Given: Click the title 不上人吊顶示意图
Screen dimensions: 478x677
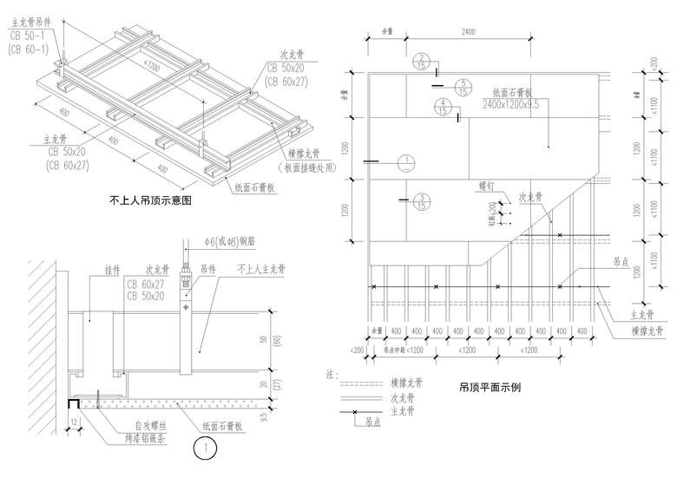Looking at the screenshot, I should (150, 200).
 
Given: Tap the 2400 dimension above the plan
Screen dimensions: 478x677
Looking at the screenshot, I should (469, 32).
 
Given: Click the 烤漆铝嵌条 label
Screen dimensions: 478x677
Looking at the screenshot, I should (142, 438).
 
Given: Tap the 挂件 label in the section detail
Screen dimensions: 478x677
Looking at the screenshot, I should (112, 269).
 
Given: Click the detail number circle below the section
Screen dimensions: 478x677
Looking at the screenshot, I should (206, 449).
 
